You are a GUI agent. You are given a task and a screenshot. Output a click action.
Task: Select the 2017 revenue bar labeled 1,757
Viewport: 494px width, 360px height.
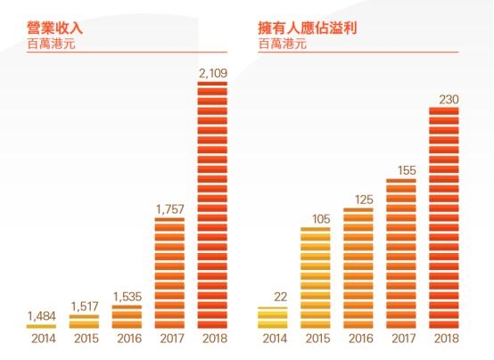click(x=169, y=272)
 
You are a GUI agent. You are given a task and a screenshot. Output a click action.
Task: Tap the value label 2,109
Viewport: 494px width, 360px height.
click(x=212, y=70)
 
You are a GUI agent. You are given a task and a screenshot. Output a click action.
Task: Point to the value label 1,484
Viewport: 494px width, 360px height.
click(x=41, y=315)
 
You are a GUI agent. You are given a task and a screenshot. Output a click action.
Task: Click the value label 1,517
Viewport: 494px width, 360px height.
click(x=84, y=305)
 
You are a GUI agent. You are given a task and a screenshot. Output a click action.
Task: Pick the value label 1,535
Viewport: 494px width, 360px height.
click(x=127, y=296)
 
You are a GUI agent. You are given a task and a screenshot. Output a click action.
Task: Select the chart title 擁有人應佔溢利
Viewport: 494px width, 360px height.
click(x=307, y=28)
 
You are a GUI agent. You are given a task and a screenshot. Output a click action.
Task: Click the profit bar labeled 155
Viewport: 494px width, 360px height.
click(x=400, y=253)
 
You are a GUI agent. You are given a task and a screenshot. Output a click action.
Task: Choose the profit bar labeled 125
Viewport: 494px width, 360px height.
click(x=358, y=267)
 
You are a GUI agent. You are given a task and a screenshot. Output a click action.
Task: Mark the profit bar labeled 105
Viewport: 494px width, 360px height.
click(x=315, y=277)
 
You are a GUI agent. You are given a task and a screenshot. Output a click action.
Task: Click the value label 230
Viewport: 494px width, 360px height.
click(x=444, y=98)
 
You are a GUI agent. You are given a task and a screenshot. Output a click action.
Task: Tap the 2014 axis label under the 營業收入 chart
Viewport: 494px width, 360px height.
click(x=41, y=340)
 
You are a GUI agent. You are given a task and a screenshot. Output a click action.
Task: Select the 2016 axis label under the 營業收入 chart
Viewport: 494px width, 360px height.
click(x=127, y=340)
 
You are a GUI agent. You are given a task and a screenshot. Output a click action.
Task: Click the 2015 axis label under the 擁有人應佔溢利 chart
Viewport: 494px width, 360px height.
click(x=315, y=340)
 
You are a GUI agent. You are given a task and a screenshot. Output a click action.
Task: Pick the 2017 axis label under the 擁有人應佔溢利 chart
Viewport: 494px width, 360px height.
click(x=400, y=340)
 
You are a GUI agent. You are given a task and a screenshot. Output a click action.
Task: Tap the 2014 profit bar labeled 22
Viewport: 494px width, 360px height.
click(x=272, y=317)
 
